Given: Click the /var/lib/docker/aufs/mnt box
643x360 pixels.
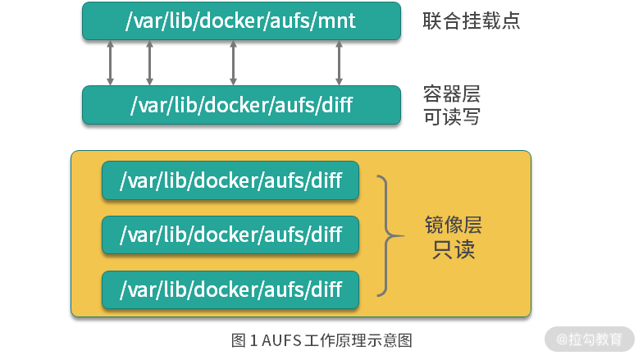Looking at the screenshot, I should click(x=241, y=21).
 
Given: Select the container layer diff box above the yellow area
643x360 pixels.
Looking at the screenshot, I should click(x=241, y=105).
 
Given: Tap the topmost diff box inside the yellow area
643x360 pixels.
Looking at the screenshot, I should click(x=230, y=180).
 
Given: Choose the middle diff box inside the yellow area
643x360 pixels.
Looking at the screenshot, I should click(x=230, y=235).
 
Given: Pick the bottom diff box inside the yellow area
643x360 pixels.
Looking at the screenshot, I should click(x=230, y=289).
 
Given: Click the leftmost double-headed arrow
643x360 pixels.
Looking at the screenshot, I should click(x=110, y=62).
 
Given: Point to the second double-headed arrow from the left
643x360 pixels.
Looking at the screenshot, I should click(x=149, y=62).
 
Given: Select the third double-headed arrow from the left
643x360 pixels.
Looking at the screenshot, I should click(x=233, y=62).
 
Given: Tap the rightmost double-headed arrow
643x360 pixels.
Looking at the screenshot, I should click(x=338, y=62).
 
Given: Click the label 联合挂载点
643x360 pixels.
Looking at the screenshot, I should click(x=472, y=21).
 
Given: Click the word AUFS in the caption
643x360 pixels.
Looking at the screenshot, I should click(x=281, y=339).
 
